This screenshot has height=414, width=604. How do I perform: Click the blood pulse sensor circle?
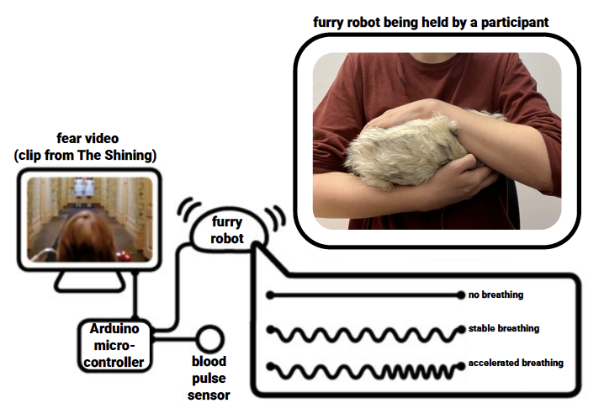(208, 339)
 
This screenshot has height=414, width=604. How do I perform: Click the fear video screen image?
(90, 218)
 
